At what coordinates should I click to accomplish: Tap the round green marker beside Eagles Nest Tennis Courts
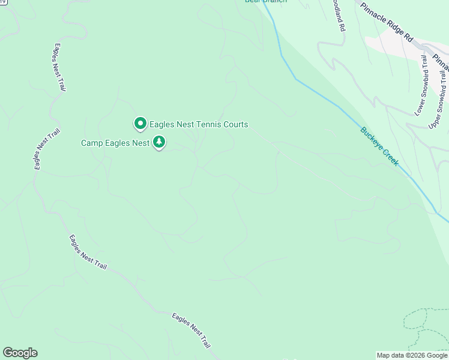(x=140, y=124)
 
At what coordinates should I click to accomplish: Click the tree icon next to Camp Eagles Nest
(x=159, y=143)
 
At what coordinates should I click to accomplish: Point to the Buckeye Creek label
(x=379, y=146)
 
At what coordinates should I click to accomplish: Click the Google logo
(x=20, y=353)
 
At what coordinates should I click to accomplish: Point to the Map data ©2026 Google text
(x=411, y=355)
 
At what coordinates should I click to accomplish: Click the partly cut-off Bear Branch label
(x=265, y=2)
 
